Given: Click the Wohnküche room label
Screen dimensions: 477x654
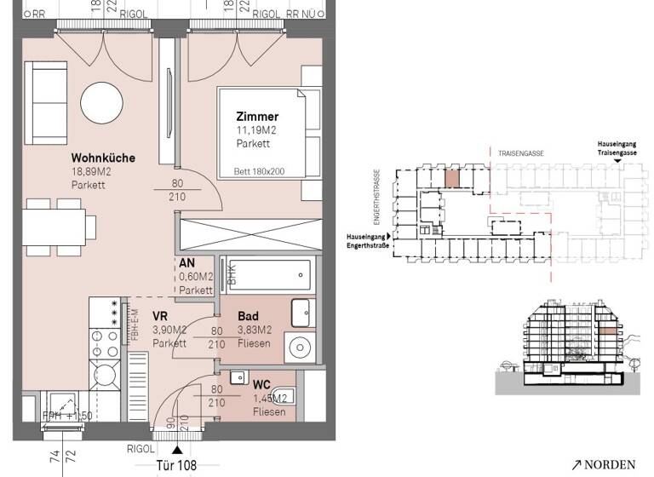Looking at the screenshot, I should point(103,158).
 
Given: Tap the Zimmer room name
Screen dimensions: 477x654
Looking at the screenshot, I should point(258,117).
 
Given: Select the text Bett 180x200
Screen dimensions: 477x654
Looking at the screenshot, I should point(259,171).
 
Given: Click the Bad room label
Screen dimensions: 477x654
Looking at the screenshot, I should point(248,316).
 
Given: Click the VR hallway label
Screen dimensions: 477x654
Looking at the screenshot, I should point(160,315).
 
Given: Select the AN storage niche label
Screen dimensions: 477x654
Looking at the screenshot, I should point(188,263).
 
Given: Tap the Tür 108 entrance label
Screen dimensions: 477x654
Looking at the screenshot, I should point(177,465).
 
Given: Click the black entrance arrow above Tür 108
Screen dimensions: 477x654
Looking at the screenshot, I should point(177,448).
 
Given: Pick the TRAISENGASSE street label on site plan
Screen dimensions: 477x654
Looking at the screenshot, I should point(522,152).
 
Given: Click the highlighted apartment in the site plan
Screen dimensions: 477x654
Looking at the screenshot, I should point(452,179).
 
